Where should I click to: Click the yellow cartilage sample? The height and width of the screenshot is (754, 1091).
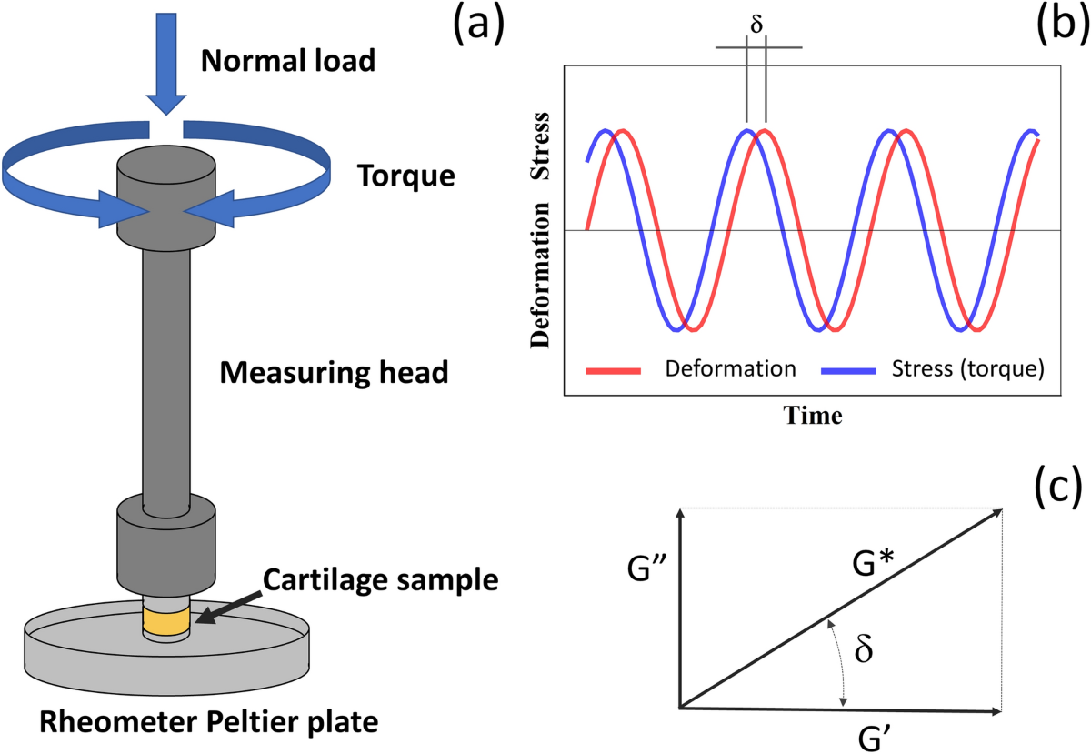[165, 622]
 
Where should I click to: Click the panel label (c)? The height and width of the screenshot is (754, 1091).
[1058, 488]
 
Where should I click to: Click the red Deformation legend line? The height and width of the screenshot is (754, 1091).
[615, 369]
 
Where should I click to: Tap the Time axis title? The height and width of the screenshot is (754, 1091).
[813, 416]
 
